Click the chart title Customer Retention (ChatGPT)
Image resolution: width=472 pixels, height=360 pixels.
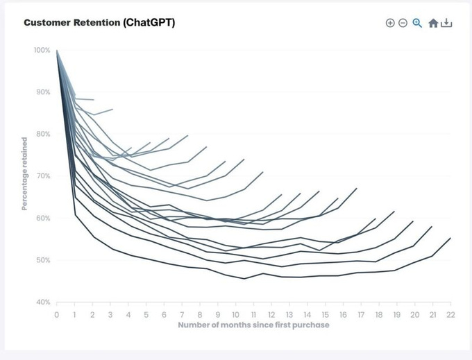pyautogui.click(x=99, y=22)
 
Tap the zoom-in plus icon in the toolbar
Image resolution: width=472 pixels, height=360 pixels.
pyautogui.click(x=390, y=23)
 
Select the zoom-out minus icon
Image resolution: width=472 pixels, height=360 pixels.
pyautogui.click(x=403, y=23)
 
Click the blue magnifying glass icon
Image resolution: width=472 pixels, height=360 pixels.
pyautogui.click(x=417, y=23)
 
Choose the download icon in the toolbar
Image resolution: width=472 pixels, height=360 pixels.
pyautogui.click(x=446, y=23)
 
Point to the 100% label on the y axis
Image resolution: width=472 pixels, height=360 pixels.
pyautogui.click(x=42, y=50)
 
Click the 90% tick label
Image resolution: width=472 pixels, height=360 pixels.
pyautogui.click(x=43, y=92)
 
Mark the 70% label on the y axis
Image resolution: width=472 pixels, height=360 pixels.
pyautogui.click(x=43, y=176)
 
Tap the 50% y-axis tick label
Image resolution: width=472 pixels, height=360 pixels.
pyautogui.click(x=43, y=260)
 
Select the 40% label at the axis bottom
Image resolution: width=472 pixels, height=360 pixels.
pyautogui.click(x=43, y=302)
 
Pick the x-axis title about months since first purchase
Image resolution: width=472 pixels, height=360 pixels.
pyautogui.click(x=253, y=325)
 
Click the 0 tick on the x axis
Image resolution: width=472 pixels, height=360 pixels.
pyautogui.click(x=57, y=314)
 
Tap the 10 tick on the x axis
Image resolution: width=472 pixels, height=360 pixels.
pyautogui.click(x=235, y=314)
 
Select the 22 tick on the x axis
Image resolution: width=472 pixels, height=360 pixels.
pyautogui.click(x=450, y=314)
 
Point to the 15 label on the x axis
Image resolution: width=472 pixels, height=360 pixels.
pyautogui.click(x=325, y=314)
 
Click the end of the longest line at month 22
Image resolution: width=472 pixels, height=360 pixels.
pyautogui.click(x=450, y=238)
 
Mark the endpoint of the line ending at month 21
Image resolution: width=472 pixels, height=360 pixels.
pyautogui.click(x=432, y=227)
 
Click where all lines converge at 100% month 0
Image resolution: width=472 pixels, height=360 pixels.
pyautogui.click(x=57, y=51)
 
